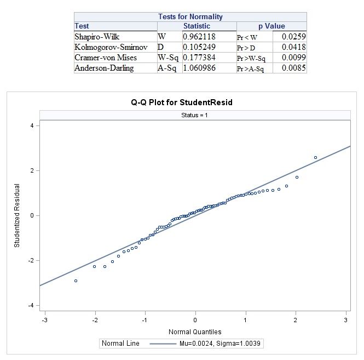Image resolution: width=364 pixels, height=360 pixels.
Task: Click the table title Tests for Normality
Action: point(190,17)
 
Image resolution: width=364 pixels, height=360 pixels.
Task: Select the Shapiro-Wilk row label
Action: point(97,37)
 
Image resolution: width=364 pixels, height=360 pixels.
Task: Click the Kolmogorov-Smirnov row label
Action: point(111,47)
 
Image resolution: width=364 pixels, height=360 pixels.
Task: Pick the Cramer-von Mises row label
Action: point(106,58)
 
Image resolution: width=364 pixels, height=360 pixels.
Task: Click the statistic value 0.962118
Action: point(199,37)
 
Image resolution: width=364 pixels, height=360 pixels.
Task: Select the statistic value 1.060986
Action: point(199,68)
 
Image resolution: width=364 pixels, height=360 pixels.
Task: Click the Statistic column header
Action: point(197,26)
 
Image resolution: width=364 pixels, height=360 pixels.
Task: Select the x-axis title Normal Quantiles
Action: point(195,332)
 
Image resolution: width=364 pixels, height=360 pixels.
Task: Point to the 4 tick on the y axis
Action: point(32,125)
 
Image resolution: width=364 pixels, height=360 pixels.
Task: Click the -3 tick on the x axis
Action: point(44,319)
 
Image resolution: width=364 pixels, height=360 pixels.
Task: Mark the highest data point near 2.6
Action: point(315,157)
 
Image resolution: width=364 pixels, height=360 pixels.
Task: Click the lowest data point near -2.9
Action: point(76,281)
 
